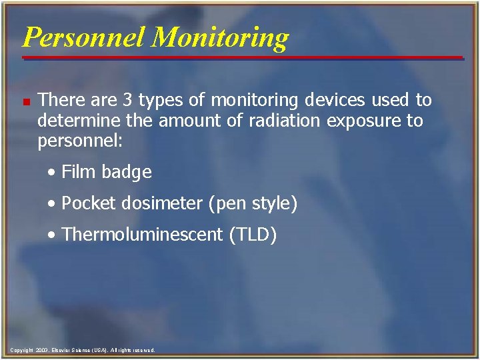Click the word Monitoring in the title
tap(220, 37)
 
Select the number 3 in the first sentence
tap(128, 100)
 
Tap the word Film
tap(78, 172)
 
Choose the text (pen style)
tap(253, 203)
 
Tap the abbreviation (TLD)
tap(252, 235)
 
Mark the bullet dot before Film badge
tap(53, 173)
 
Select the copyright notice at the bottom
tap(83, 350)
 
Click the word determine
tap(75, 121)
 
